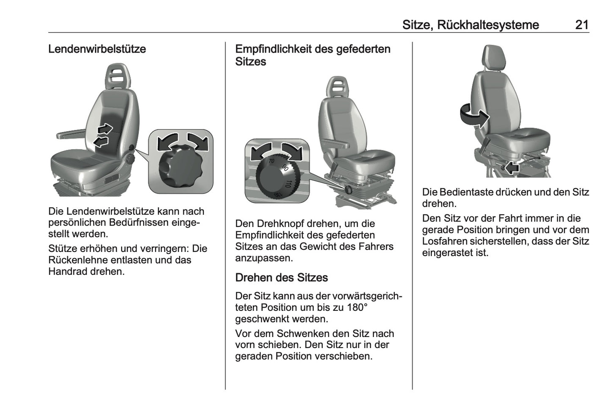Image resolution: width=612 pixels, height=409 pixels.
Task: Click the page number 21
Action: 582,25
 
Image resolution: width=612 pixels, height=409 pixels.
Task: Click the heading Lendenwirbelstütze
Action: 97,49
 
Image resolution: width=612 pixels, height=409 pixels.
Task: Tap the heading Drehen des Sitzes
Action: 281,278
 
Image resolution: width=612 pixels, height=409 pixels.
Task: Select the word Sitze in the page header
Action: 416,25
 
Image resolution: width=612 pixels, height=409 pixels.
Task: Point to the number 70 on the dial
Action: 271,161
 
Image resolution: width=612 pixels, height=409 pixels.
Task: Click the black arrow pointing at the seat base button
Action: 512,168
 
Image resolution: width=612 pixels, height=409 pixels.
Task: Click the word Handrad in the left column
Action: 67,271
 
